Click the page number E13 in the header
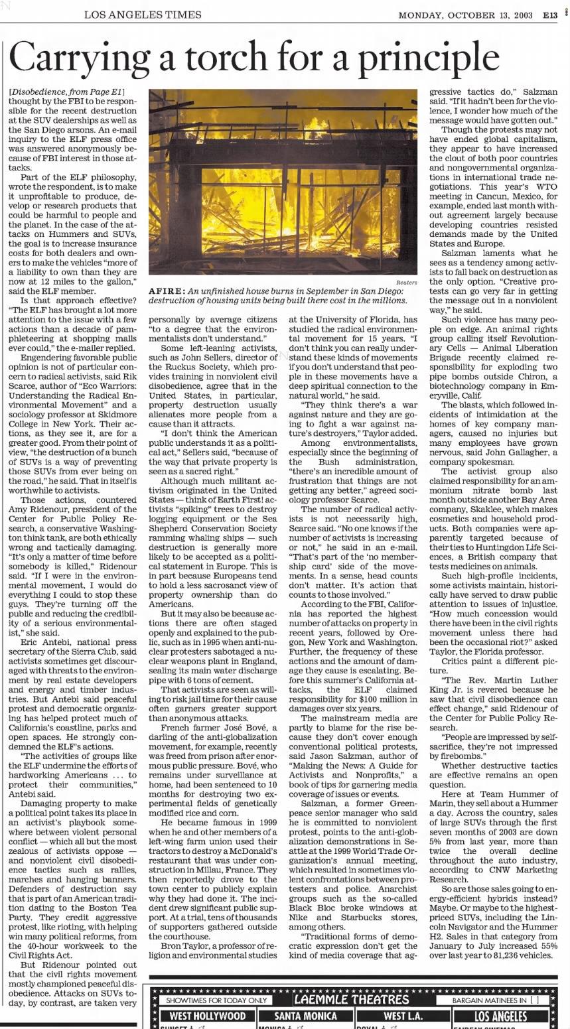550,15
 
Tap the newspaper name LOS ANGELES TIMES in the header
143,15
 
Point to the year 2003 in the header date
522,15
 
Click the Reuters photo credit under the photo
407,282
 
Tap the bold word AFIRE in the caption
166,291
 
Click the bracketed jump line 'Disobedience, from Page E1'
67,92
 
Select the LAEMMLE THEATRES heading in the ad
351,1000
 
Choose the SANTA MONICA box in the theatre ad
305,1016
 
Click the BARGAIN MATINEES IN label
491,1000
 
